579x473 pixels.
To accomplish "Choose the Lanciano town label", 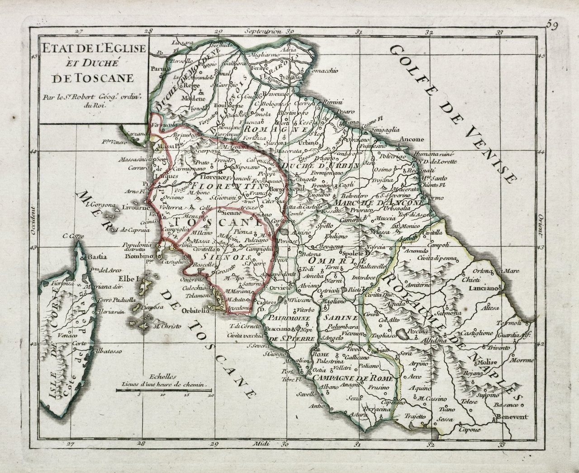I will pyautogui.click(x=486, y=288).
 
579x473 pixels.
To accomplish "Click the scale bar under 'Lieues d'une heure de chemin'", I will pyautogui.click(x=164, y=389).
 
